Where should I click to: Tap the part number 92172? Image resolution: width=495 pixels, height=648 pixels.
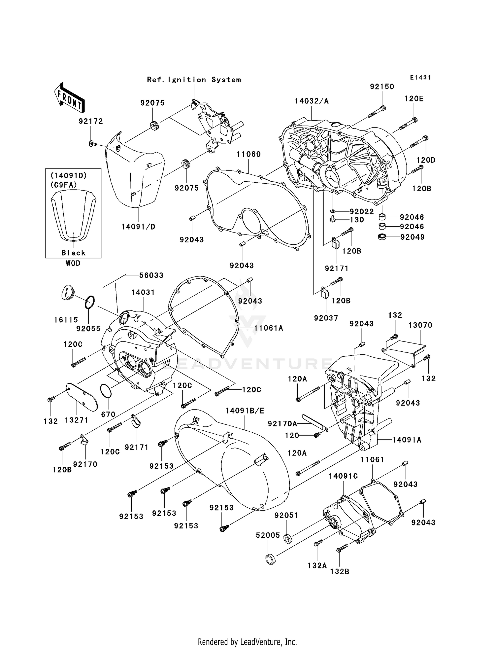(91, 121)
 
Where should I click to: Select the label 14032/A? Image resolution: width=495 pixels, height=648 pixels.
(312, 101)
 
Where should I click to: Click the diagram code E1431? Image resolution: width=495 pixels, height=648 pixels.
(420, 78)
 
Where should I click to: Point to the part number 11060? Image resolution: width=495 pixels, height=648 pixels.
(248, 154)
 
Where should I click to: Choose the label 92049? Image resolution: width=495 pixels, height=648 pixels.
(412, 237)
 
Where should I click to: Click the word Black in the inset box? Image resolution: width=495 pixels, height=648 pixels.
(73, 253)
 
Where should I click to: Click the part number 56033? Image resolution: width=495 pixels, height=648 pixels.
(151, 275)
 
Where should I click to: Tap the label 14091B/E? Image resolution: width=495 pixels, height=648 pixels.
(245, 411)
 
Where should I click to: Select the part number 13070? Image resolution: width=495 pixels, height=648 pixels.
(420, 325)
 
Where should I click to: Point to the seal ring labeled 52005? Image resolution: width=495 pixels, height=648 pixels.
(270, 559)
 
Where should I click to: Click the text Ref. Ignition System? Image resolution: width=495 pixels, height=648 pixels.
(194, 80)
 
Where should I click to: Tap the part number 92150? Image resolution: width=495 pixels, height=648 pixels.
(382, 87)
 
